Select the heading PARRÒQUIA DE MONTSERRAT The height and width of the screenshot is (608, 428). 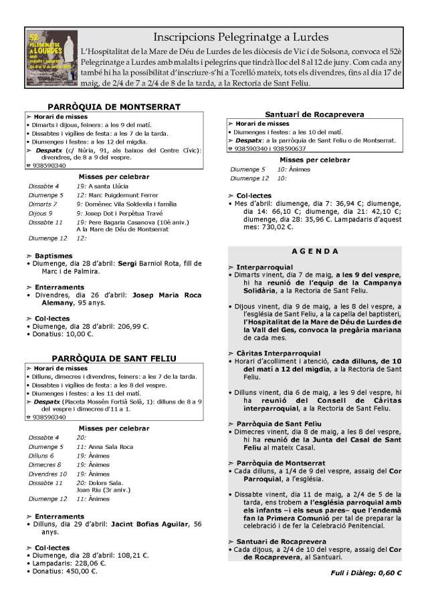click(114, 107)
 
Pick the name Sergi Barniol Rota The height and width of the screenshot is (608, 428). click(144, 264)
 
